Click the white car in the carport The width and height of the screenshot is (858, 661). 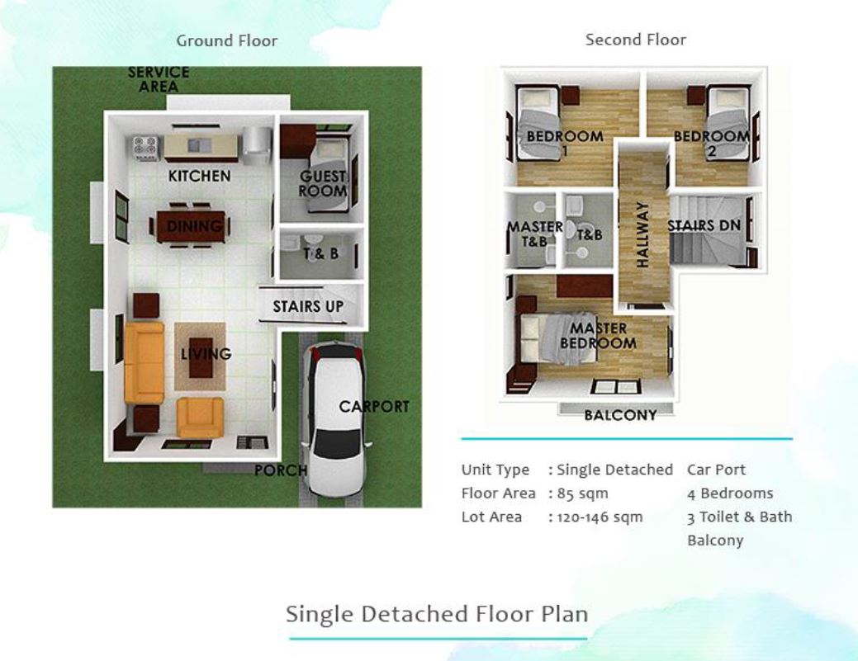pyautogui.click(x=335, y=418)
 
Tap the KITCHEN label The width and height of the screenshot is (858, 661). pyautogui.click(x=199, y=176)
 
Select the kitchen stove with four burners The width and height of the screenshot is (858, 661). pyautogui.click(x=145, y=148)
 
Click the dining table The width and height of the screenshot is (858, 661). pyautogui.click(x=191, y=226)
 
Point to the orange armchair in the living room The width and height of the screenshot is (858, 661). pyautogui.click(x=201, y=418)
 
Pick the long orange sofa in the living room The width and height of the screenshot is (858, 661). pyautogui.click(x=145, y=363)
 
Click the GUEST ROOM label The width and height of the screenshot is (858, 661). pyautogui.click(x=323, y=184)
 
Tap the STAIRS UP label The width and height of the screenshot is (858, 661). pyautogui.click(x=308, y=307)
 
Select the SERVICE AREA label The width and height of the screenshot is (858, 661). pyautogui.click(x=158, y=79)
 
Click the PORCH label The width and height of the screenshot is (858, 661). pyautogui.click(x=281, y=470)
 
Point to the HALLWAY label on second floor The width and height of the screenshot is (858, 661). pyautogui.click(x=643, y=234)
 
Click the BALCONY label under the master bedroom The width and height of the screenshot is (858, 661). pyautogui.click(x=620, y=416)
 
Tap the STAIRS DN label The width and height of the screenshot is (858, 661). pyautogui.click(x=704, y=225)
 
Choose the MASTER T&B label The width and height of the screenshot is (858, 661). pyautogui.click(x=534, y=234)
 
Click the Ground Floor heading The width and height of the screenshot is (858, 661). pyautogui.click(x=226, y=40)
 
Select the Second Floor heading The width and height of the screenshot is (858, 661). pyautogui.click(x=635, y=40)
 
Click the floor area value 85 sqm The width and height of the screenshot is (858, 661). pyautogui.click(x=582, y=493)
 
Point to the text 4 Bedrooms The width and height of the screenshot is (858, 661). pyautogui.click(x=730, y=493)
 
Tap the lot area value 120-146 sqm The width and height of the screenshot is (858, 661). pyautogui.click(x=600, y=517)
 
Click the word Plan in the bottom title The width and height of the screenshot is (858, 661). pyautogui.click(x=565, y=614)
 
